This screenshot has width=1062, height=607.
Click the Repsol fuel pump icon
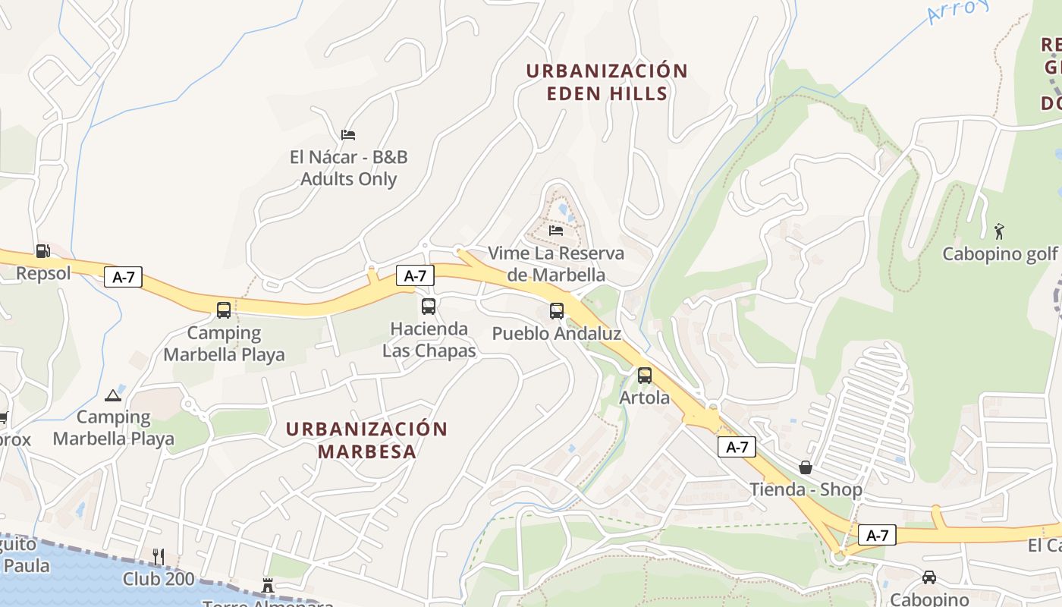pyautogui.click(x=42, y=251)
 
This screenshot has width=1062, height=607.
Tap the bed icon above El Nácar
pyautogui.click(x=348, y=135)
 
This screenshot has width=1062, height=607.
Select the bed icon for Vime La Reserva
pyautogui.click(x=556, y=230)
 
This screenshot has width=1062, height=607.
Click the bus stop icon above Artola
pyautogui.click(x=645, y=375)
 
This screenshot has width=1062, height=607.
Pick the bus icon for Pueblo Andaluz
pyautogui.click(x=557, y=310)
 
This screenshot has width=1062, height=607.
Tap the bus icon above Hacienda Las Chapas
pyautogui.click(x=429, y=307)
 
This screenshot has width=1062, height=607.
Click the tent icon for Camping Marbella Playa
pyautogui.click(x=113, y=395)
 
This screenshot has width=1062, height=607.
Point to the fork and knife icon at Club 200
pyautogui.click(x=159, y=556)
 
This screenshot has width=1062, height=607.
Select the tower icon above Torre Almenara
pyautogui.click(x=267, y=585)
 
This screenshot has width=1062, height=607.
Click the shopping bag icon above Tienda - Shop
pyautogui.click(x=806, y=467)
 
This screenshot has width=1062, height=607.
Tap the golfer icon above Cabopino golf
pyautogui.click(x=999, y=231)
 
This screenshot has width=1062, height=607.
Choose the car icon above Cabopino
pyautogui.click(x=929, y=577)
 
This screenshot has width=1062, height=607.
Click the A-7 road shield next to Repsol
pyautogui.click(x=123, y=277)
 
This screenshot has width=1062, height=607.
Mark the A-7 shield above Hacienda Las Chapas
pyautogui.click(x=415, y=275)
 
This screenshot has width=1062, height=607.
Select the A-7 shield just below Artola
pyautogui.click(x=737, y=447)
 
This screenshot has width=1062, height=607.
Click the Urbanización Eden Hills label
pyautogui.click(x=607, y=82)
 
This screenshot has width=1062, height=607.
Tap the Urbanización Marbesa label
pyautogui.click(x=366, y=440)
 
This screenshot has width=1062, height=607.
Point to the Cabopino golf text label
pyautogui.click(x=999, y=253)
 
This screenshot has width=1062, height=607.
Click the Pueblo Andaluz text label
pyautogui.click(x=557, y=334)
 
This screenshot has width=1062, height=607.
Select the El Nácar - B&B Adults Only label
pyautogui.click(x=349, y=168)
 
